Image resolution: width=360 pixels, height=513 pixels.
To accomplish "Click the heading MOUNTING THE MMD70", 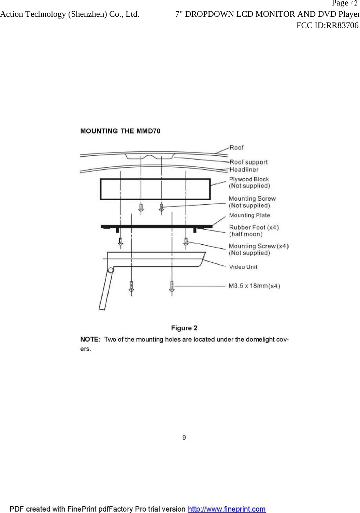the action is [120, 131].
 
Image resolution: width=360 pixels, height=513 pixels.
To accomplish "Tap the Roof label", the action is [236, 148].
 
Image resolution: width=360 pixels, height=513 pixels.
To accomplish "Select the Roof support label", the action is [248, 162].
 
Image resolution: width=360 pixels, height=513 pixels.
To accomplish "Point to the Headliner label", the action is [244, 169].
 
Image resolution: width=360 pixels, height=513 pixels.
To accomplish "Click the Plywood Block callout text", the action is [249, 179].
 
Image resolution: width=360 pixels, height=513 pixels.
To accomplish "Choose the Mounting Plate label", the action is [249, 215].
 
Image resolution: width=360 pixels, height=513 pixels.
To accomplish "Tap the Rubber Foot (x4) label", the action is [254, 227].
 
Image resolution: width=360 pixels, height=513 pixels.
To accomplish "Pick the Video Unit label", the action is [243, 267].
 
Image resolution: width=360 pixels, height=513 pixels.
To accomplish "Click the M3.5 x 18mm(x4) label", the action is [254, 286].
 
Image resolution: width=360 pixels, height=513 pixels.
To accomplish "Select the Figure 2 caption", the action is [184, 328].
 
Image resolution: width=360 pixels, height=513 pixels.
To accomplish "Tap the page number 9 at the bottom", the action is [184, 438].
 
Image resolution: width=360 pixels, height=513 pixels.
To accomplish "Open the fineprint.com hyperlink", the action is [227, 509].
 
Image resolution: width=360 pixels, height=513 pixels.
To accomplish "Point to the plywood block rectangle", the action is [155, 189].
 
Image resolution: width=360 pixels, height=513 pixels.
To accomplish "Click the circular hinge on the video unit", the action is [111, 271].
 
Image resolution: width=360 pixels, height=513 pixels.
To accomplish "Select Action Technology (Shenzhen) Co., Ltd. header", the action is [70, 14].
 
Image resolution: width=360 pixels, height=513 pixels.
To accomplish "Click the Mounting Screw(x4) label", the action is [259, 246].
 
